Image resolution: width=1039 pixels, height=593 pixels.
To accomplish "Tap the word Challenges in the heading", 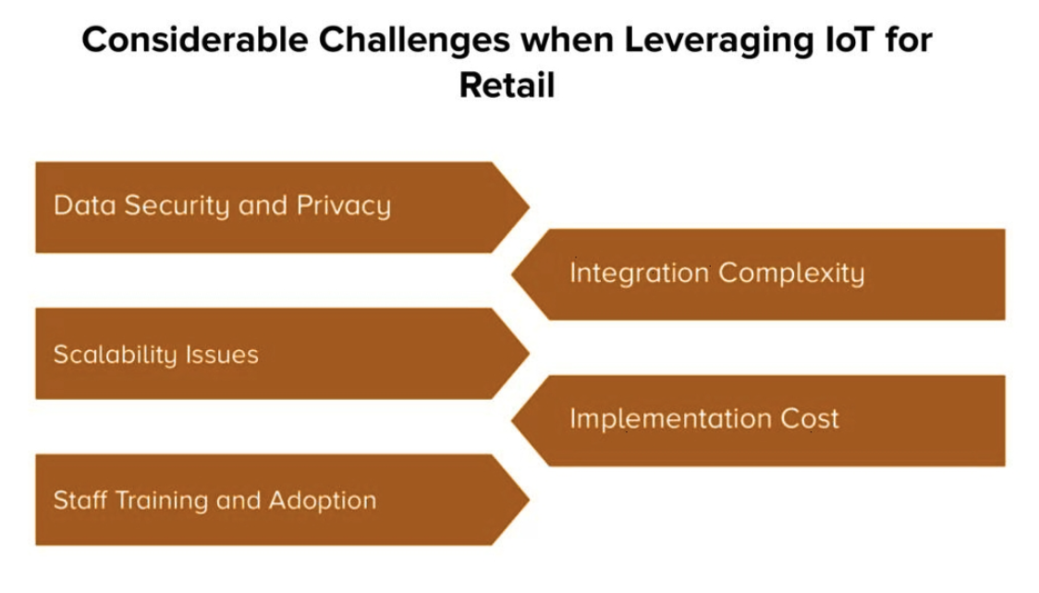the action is pyautogui.click(x=414, y=41).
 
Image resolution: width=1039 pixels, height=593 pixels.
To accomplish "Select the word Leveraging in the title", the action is pyautogui.click(x=719, y=41).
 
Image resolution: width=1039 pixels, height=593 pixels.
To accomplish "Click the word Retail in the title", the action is pyautogui.click(x=507, y=85).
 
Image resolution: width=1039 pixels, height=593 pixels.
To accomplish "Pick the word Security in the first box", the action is pyautogui.click(x=177, y=206).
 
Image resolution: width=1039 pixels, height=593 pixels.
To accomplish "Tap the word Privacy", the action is pyautogui.click(x=344, y=206).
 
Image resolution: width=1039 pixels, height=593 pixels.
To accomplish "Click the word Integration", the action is pyautogui.click(x=640, y=272).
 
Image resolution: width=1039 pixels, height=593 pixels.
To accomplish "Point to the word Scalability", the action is pyautogui.click(x=115, y=355).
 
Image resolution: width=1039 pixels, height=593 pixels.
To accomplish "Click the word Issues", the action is pyautogui.click(x=222, y=355).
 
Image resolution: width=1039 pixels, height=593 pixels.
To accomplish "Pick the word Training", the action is pyautogui.click(x=162, y=501).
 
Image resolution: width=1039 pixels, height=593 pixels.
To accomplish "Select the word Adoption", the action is pyautogui.click(x=322, y=501).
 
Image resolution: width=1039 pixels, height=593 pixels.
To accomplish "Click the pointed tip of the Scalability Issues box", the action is pyautogui.click(x=530, y=354).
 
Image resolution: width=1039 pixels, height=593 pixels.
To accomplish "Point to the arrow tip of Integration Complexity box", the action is pyautogui.click(x=511, y=274).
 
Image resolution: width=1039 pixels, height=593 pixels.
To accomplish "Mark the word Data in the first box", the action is pyautogui.click(x=85, y=206).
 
